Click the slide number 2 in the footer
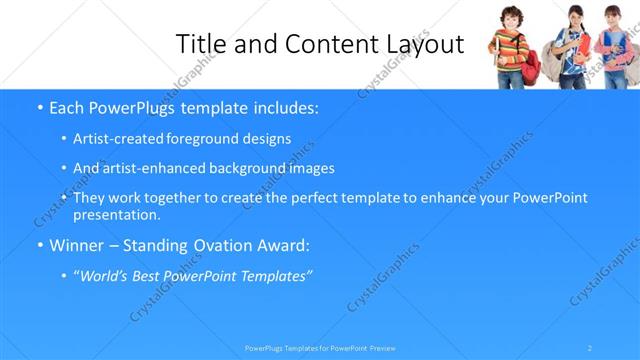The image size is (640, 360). [x=590, y=347]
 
